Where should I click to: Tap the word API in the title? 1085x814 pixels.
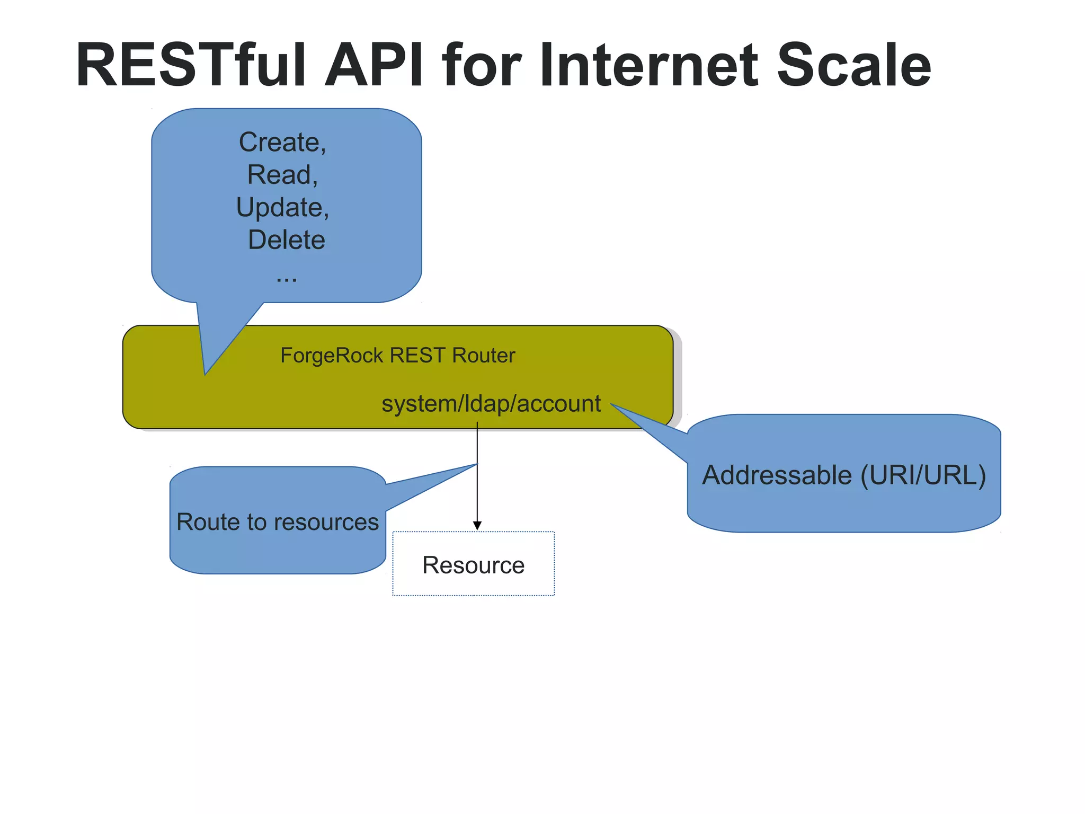point(374,65)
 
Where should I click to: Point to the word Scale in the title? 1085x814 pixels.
point(853,65)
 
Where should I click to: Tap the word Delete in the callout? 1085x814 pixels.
point(286,240)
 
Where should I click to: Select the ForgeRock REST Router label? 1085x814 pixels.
point(397,355)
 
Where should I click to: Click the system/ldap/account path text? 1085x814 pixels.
point(491,403)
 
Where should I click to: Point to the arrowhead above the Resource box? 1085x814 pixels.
point(477,525)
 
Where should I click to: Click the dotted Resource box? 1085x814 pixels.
point(473,564)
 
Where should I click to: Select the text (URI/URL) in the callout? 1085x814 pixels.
point(923,475)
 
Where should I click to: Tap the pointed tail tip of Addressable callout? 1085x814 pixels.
point(612,405)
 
